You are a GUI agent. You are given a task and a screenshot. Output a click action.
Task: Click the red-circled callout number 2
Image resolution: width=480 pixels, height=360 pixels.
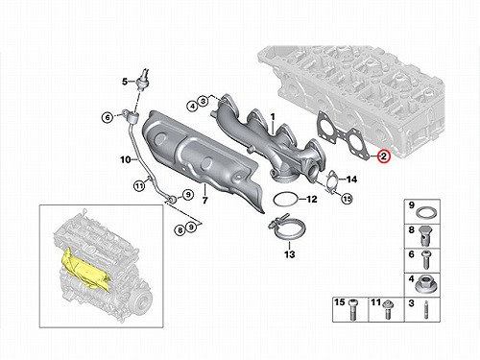click(x=383, y=156)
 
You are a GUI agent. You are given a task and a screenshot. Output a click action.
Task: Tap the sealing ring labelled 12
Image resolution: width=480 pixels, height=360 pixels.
click(x=285, y=200)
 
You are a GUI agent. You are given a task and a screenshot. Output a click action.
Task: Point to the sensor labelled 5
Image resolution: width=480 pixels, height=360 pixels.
click(x=141, y=80)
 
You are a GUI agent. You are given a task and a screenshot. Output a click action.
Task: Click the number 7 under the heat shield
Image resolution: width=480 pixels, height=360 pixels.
click(x=204, y=201)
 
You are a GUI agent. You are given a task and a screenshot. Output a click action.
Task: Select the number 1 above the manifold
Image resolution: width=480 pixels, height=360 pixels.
click(x=273, y=117)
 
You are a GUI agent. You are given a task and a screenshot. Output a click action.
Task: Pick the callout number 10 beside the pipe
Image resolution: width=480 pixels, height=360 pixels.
click(x=126, y=159)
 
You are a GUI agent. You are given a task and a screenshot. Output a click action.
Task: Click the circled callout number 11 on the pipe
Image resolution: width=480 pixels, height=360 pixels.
click(x=139, y=185)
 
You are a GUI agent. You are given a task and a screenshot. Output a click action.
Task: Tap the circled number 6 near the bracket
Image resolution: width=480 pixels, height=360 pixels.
click(x=108, y=117)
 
